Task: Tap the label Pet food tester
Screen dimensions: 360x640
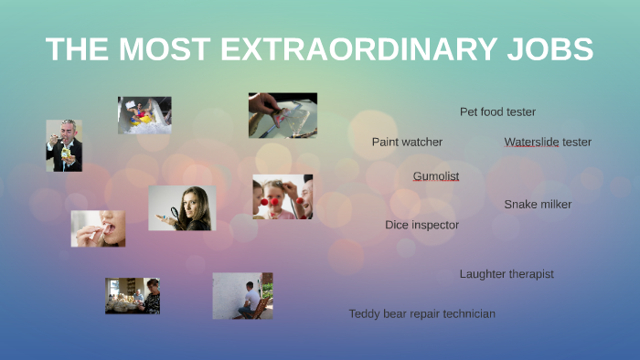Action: pos(497,111)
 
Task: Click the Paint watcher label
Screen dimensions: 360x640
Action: pos(407,142)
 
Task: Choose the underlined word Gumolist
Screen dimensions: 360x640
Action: pos(436,175)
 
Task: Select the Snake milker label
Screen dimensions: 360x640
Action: pos(538,204)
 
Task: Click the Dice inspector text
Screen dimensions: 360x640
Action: pos(421,225)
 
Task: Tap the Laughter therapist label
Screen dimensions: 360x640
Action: pos(507,274)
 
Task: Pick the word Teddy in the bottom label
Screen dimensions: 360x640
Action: pos(364,313)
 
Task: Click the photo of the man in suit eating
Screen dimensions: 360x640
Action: pos(64,145)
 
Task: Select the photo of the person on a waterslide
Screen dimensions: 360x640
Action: pos(144,115)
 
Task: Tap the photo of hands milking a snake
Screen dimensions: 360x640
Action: pos(283,115)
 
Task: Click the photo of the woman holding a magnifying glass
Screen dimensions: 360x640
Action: pos(182,208)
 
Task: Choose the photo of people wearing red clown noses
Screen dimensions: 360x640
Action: pos(283,196)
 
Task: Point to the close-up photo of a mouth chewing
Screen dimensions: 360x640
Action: pos(98,228)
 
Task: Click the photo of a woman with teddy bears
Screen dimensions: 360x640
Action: pos(133,296)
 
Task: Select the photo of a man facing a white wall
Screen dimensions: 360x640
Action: pos(242,295)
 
